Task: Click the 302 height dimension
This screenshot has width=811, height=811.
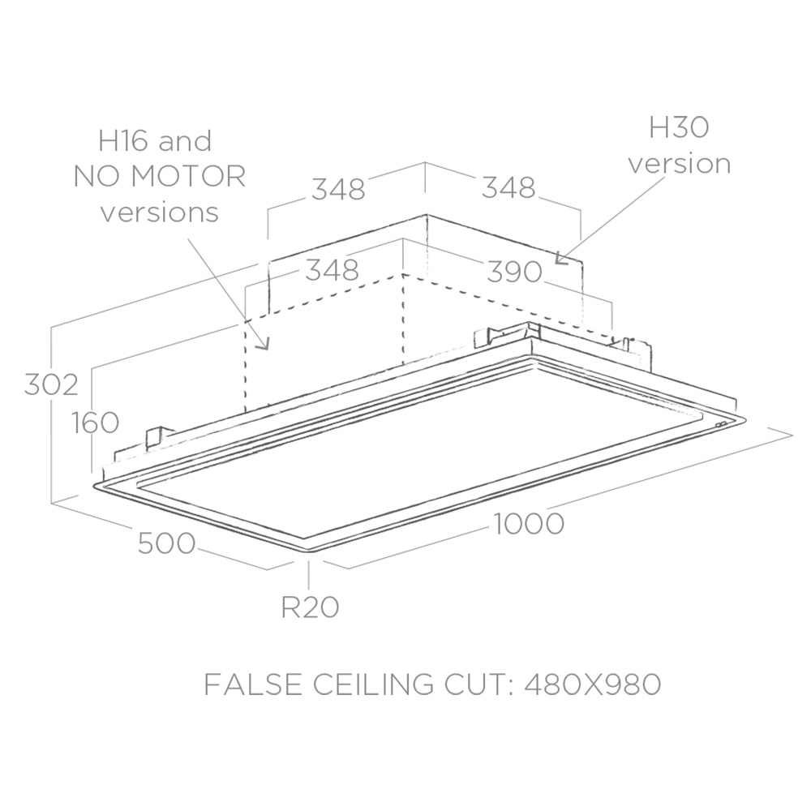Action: pos(51,384)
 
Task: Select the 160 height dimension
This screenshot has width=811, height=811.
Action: pos(95,423)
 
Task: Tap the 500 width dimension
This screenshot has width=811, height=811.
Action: pos(166,543)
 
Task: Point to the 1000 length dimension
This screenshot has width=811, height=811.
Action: pos(529,523)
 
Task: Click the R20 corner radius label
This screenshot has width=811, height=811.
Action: pos(310,607)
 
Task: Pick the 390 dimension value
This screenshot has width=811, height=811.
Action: pos(514,272)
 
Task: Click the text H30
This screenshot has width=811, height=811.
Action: pos(679,127)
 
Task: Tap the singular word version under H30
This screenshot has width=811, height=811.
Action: pos(679,164)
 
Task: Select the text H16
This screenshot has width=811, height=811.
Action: pos(122,140)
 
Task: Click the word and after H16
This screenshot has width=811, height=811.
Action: pos(185,141)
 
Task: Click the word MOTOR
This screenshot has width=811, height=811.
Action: pos(188,176)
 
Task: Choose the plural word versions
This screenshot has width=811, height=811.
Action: pos(159,212)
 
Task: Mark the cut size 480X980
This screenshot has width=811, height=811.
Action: pos(593,684)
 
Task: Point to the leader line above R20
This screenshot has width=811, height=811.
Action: pos(309,574)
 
